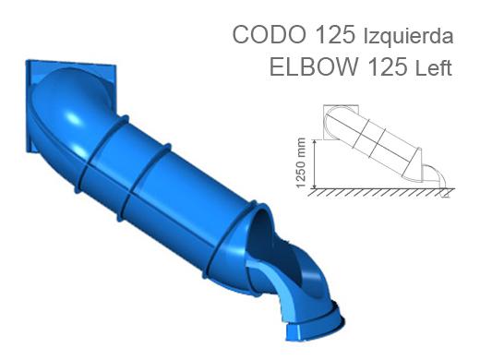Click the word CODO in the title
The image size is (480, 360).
(x=270, y=34)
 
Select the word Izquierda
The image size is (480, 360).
(x=409, y=37)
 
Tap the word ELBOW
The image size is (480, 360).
(x=314, y=66)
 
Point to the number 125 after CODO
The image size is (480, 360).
(x=335, y=34)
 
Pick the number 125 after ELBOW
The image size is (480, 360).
(x=387, y=66)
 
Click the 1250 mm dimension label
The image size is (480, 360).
(x=300, y=162)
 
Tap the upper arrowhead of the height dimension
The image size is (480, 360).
(x=314, y=142)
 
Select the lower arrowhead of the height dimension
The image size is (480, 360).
(x=314, y=186)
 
